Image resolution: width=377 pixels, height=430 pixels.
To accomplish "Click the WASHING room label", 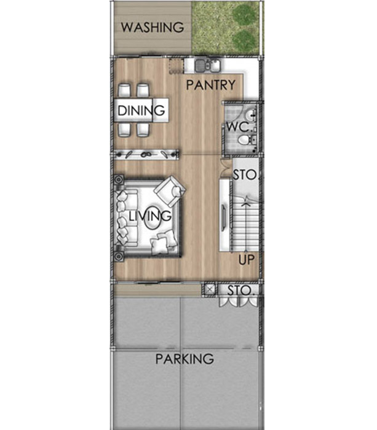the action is (153, 27).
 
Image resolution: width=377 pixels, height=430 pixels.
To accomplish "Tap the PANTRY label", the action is (211, 85).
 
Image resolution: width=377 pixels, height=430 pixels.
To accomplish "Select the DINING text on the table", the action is (141, 111).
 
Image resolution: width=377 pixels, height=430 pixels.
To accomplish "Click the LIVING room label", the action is (150, 216).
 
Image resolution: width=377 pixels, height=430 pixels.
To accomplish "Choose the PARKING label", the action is (185, 359).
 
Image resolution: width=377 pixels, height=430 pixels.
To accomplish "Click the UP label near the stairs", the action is (246, 260).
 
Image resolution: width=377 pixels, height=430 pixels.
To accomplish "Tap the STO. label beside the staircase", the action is (245, 175).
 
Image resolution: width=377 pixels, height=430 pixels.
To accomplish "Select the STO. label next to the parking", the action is (239, 291).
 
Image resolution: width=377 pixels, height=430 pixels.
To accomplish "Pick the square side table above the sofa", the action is (119, 180).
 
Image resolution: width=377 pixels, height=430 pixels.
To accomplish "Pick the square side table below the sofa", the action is (119, 256).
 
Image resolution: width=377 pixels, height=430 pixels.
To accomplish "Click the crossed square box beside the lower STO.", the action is (210, 289).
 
